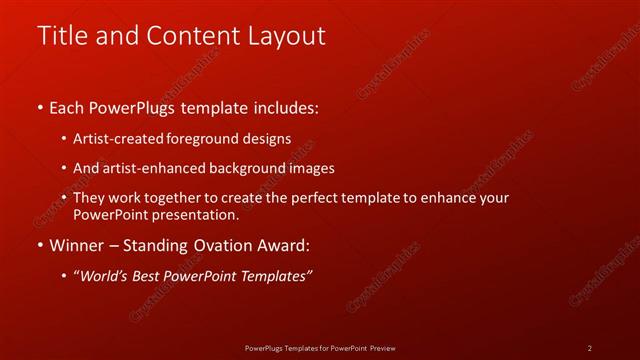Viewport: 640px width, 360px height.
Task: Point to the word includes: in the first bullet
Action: coord(287,108)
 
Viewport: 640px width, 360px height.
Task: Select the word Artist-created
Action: coord(114,139)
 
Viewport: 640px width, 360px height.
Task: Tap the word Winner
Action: coord(76,245)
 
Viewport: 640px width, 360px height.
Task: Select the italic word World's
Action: coord(106,275)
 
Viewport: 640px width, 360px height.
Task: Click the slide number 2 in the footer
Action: coord(589,348)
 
